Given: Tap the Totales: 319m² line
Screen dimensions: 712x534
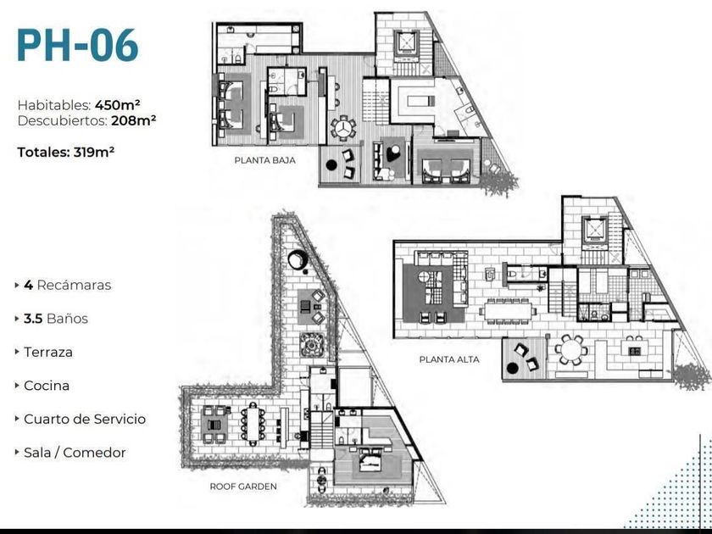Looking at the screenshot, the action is pyautogui.click(x=66, y=153).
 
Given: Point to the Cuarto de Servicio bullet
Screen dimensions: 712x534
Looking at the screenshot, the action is pyautogui.click(x=84, y=419).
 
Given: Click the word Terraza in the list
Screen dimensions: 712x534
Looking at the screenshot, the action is pyautogui.click(x=47, y=352).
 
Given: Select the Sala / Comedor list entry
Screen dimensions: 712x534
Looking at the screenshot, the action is pyautogui.click(x=75, y=453).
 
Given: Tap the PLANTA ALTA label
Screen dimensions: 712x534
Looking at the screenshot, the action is pyautogui.click(x=449, y=359).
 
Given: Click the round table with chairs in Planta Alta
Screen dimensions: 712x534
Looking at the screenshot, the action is pyautogui.click(x=570, y=348).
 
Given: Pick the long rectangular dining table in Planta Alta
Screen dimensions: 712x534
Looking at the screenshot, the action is pyautogui.click(x=505, y=309).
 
